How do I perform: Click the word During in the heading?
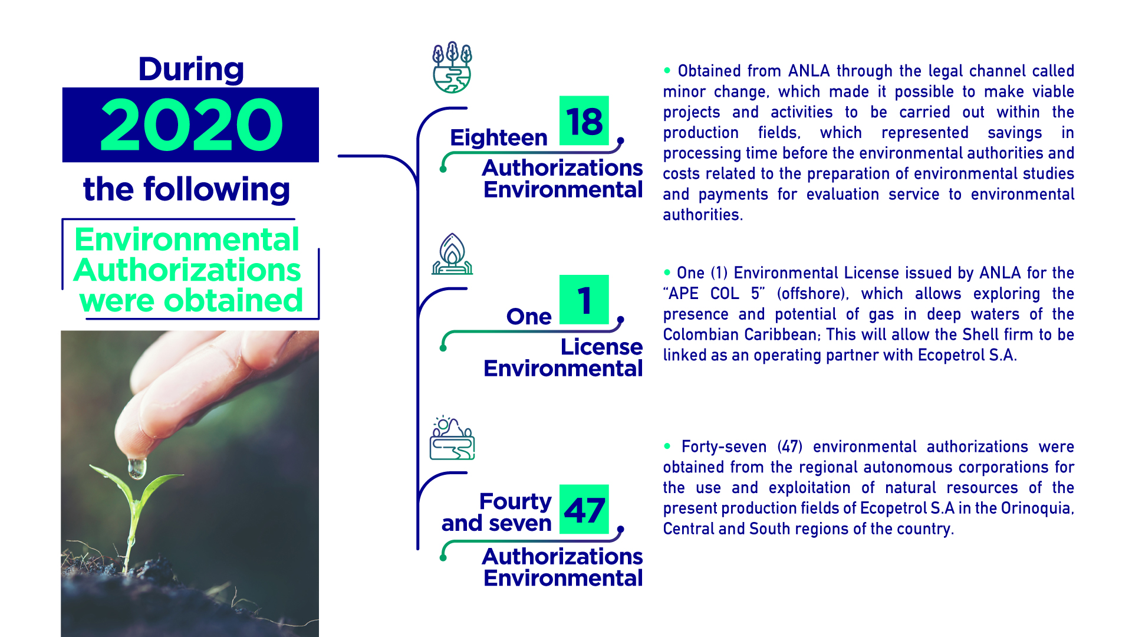pyautogui.click(x=191, y=70)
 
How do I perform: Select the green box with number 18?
pyautogui.click(x=584, y=121)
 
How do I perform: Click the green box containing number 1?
pyautogui.click(x=584, y=300)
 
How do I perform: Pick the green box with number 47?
pyautogui.click(x=584, y=510)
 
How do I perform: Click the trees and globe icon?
pyautogui.click(x=452, y=67)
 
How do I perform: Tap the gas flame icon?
pyautogui.click(x=452, y=254)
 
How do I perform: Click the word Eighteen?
pyautogui.click(x=499, y=138)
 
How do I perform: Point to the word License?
pyautogui.click(x=601, y=347)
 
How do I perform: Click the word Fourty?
pyautogui.click(x=515, y=501)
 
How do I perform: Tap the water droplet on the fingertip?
pyautogui.click(x=137, y=468)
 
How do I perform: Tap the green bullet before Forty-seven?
pyautogui.click(x=667, y=446)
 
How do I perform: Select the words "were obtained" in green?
pyautogui.click(x=191, y=301)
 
